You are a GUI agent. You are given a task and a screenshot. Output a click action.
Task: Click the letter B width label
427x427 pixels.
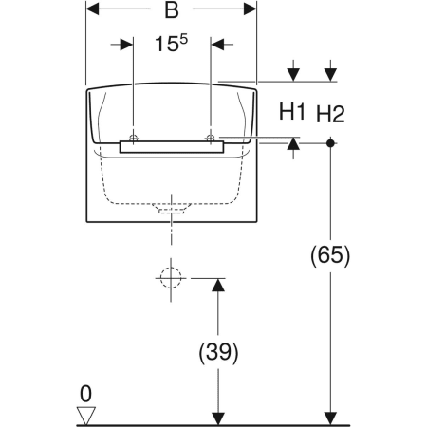(x=172, y=9)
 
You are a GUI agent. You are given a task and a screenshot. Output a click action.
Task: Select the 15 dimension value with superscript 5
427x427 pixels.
(x=171, y=43)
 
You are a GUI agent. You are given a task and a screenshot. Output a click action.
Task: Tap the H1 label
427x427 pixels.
(x=292, y=111)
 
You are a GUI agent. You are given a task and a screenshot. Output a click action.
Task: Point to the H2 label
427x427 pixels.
(x=330, y=114)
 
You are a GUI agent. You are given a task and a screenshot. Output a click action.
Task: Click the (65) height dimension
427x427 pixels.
(x=330, y=255)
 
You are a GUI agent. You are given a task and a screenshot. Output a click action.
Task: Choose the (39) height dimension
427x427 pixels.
(x=218, y=352)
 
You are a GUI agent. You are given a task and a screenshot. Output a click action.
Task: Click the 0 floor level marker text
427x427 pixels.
(x=85, y=394)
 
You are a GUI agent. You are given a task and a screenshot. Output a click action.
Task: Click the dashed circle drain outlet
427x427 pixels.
(x=171, y=278)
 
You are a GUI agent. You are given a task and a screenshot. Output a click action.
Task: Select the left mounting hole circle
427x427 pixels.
(x=134, y=138)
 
